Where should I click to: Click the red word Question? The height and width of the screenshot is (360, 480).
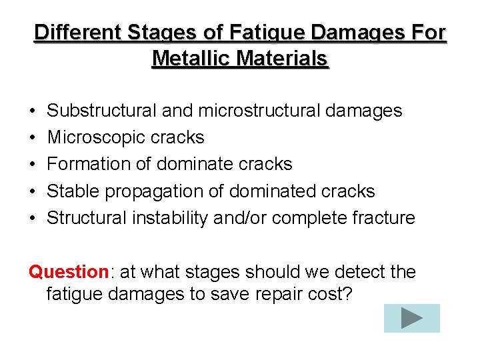[x=69, y=272]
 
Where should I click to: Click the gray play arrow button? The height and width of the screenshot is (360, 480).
[x=412, y=318]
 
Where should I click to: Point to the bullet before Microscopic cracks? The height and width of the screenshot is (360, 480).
[x=32, y=138]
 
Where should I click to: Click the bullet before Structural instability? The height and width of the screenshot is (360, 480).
[x=32, y=219]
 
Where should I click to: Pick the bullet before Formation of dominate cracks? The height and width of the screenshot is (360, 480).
[x=32, y=165]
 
